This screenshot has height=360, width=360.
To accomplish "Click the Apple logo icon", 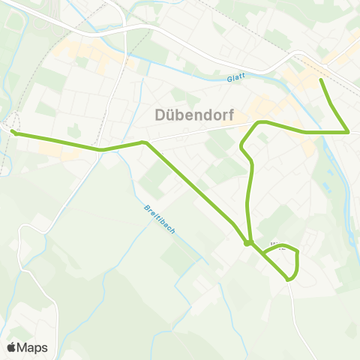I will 11,347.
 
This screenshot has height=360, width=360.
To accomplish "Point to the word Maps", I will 32,347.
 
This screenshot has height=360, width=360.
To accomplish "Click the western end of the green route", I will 13,133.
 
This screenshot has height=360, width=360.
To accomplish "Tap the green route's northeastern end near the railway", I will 321,79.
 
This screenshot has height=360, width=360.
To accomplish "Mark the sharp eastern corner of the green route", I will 349,132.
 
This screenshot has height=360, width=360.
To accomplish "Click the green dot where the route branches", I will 247,242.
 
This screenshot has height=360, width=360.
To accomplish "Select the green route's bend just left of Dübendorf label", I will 143,141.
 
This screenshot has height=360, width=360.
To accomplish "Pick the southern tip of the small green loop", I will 289,280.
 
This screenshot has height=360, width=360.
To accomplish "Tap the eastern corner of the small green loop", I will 298,253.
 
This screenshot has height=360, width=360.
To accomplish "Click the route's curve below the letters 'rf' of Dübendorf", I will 259,122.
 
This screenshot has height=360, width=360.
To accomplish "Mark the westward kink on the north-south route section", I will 241,146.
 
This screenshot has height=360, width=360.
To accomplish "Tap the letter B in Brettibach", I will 143,207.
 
